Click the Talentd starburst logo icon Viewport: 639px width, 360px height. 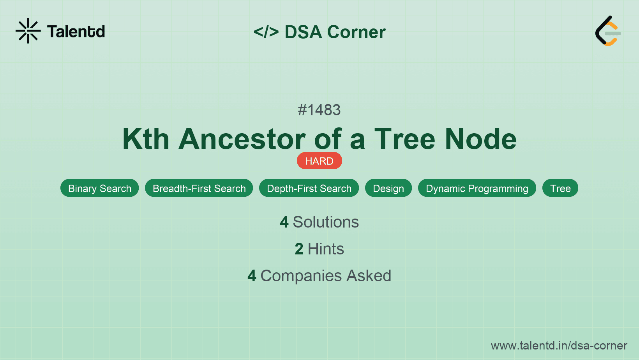[x=28, y=31]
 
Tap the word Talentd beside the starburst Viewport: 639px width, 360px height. [x=76, y=32]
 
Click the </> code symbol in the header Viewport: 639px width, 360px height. [x=266, y=32]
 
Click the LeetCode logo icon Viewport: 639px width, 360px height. [x=607, y=31]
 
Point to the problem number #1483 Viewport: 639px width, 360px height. [x=319, y=110]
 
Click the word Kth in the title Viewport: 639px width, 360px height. [x=146, y=139]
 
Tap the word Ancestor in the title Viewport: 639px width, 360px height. [x=242, y=139]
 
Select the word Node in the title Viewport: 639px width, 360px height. [x=481, y=139]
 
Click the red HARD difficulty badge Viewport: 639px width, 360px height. [x=319, y=161]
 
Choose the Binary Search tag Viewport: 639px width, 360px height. [x=100, y=188]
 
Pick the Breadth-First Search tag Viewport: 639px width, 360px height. [x=199, y=188]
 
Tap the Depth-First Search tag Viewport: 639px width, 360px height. [x=309, y=188]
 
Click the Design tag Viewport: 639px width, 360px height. [x=388, y=188]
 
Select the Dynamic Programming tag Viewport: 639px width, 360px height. [x=477, y=188]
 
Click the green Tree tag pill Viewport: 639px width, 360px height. [x=560, y=188]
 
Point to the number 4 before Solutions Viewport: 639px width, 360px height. [x=284, y=222]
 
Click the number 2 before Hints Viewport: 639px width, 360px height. [x=299, y=249]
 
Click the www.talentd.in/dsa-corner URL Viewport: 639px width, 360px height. [x=559, y=346]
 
